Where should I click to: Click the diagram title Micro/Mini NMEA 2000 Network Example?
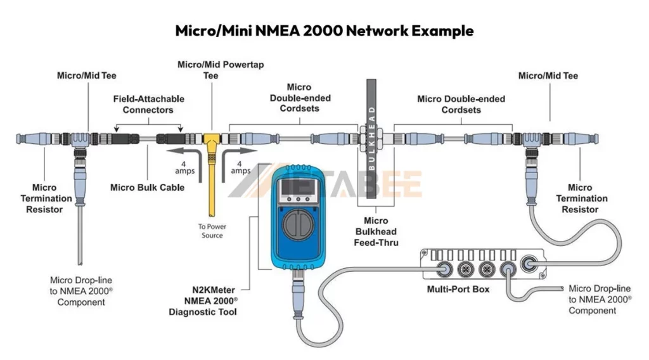[324, 30]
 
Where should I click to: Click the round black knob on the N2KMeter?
[297, 223]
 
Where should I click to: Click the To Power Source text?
[212, 231]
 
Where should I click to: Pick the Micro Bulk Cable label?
[147, 187]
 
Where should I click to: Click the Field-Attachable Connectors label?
[148, 105]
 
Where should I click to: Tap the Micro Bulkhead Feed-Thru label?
[376, 231]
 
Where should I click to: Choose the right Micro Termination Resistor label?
[581, 198]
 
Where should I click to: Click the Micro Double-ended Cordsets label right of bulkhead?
[461, 105]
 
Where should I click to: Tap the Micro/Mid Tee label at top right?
[548, 76]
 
